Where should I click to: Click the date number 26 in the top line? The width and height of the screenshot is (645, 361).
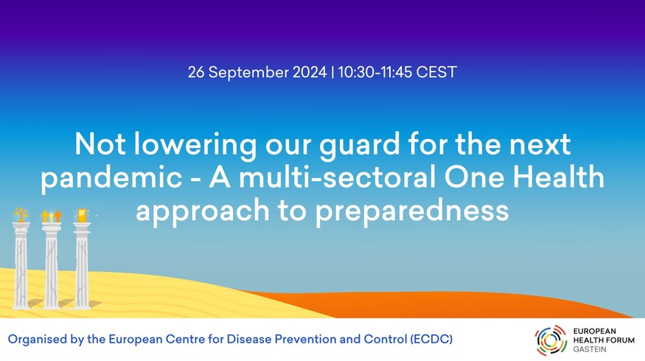(x=196, y=72)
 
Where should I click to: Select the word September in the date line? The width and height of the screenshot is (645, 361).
(x=249, y=73)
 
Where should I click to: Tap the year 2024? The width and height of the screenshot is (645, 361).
(x=310, y=72)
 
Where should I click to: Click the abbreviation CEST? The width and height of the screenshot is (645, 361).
(x=436, y=72)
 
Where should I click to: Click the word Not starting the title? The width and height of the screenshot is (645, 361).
(x=100, y=144)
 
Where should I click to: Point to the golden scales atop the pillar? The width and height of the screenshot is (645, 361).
(x=21, y=214)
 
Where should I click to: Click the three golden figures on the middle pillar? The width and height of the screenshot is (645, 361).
(x=52, y=216)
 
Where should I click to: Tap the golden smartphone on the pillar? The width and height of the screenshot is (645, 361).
(x=83, y=215)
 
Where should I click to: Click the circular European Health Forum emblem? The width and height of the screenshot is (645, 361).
(x=551, y=340)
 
